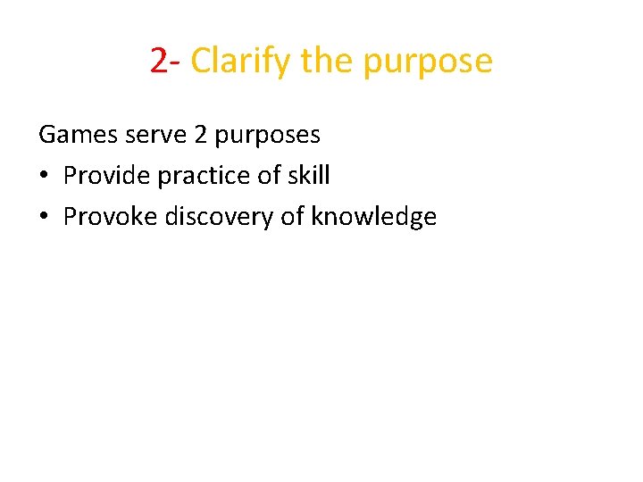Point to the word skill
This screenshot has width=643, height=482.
coord(309,175)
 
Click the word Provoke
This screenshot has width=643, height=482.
coord(110,216)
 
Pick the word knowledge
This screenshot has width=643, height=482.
coord(373,217)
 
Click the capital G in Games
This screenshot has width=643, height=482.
coord(47,135)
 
